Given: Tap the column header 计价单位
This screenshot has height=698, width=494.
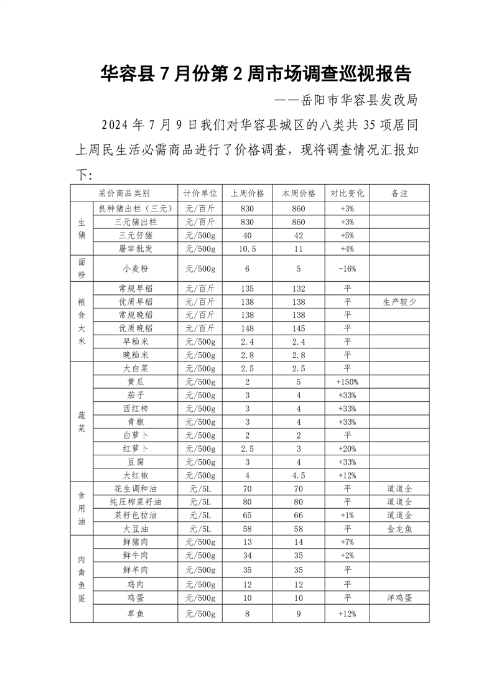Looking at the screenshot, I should (x=200, y=193).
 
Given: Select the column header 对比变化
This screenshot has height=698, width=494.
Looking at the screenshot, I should (x=347, y=193).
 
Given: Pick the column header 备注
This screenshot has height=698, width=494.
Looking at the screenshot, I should (x=399, y=193).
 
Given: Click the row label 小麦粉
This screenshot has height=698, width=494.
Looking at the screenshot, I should (x=136, y=269).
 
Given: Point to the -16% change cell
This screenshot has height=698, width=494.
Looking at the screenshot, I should (x=347, y=269).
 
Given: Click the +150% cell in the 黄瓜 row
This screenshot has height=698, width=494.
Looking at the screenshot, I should (x=347, y=381).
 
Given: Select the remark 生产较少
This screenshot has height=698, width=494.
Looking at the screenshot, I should (x=399, y=301).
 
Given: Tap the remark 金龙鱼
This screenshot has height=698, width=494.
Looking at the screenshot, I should (x=399, y=528).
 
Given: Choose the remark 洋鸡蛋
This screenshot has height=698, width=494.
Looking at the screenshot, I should (x=399, y=597).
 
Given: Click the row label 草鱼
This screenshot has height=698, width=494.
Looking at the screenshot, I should (x=136, y=613).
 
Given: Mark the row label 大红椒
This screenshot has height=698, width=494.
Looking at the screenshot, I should (x=136, y=475).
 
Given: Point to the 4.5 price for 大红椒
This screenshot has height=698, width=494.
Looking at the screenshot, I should (x=299, y=475).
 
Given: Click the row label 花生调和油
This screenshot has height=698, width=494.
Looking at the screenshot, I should (x=136, y=488).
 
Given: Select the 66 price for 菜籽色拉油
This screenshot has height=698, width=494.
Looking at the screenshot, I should (x=299, y=515).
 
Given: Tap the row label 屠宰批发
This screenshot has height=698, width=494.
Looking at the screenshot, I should (x=136, y=248).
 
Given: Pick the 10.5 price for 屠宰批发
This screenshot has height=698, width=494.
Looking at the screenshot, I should (x=247, y=248).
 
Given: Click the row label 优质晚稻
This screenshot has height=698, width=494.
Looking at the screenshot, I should (x=136, y=328).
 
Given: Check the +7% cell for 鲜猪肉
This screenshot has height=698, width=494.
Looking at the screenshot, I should (x=347, y=542).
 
